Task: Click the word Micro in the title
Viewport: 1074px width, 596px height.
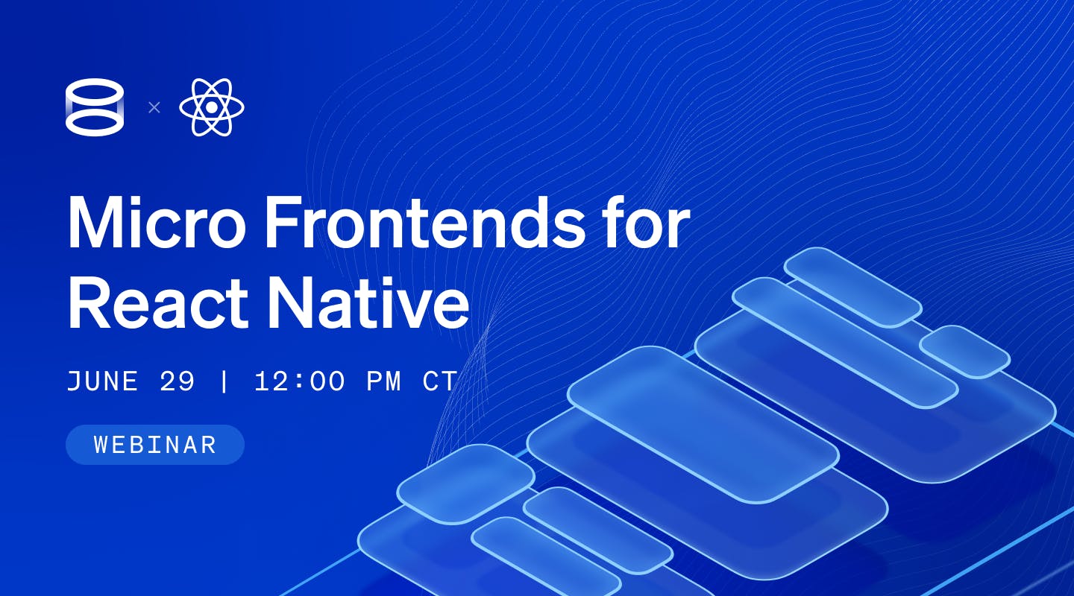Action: coord(157,222)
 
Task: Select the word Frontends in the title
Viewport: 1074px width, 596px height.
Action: coord(424,222)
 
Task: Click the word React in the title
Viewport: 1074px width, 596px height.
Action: coord(158,303)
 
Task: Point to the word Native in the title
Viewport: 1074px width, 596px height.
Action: coord(368,303)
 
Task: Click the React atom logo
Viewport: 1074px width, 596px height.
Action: coord(212,107)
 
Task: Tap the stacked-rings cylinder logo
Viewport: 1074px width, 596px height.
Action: coord(95,107)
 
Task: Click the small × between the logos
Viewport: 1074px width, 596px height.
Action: coord(154,107)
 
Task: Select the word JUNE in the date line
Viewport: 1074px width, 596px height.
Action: coord(103,381)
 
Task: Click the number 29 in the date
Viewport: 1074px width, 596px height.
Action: coord(178,381)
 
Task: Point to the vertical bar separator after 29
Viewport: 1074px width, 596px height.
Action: coord(224,381)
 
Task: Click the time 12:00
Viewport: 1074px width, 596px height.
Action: coord(300,381)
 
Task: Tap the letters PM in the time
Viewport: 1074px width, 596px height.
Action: coord(383,381)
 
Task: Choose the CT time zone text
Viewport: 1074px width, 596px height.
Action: coord(440,381)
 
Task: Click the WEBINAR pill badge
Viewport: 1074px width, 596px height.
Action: coord(155,445)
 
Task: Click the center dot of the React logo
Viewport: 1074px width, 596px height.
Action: coord(212,107)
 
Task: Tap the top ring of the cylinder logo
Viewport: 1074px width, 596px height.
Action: coord(95,92)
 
